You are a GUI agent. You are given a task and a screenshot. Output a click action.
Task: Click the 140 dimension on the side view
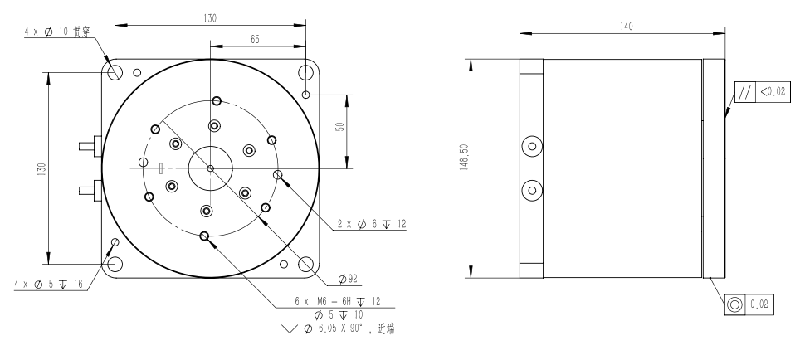point(627,27)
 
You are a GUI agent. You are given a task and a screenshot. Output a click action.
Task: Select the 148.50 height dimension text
point(464,157)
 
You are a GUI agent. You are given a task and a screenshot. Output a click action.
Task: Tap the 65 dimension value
point(255,39)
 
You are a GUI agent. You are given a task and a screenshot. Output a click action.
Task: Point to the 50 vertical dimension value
point(340,126)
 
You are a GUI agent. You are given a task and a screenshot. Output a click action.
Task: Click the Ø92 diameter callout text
point(348,279)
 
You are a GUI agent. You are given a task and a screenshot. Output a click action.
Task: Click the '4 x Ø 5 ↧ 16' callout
point(48,285)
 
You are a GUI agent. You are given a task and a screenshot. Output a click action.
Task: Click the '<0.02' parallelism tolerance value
point(773,92)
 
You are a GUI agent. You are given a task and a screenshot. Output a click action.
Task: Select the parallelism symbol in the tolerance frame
point(745,92)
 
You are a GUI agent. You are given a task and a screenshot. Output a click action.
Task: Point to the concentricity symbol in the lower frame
point(734,304)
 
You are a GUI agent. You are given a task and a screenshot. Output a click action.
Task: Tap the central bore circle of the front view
point(211,168)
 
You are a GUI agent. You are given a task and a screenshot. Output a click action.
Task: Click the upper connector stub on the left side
point(90,146)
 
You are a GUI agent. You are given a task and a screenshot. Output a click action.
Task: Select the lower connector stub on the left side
point(90,190)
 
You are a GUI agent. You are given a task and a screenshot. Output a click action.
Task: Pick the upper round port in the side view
point(532,147)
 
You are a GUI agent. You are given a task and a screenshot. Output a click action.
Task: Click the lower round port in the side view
point(532,191)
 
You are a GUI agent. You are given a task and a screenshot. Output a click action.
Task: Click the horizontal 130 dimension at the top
point(210,18)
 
